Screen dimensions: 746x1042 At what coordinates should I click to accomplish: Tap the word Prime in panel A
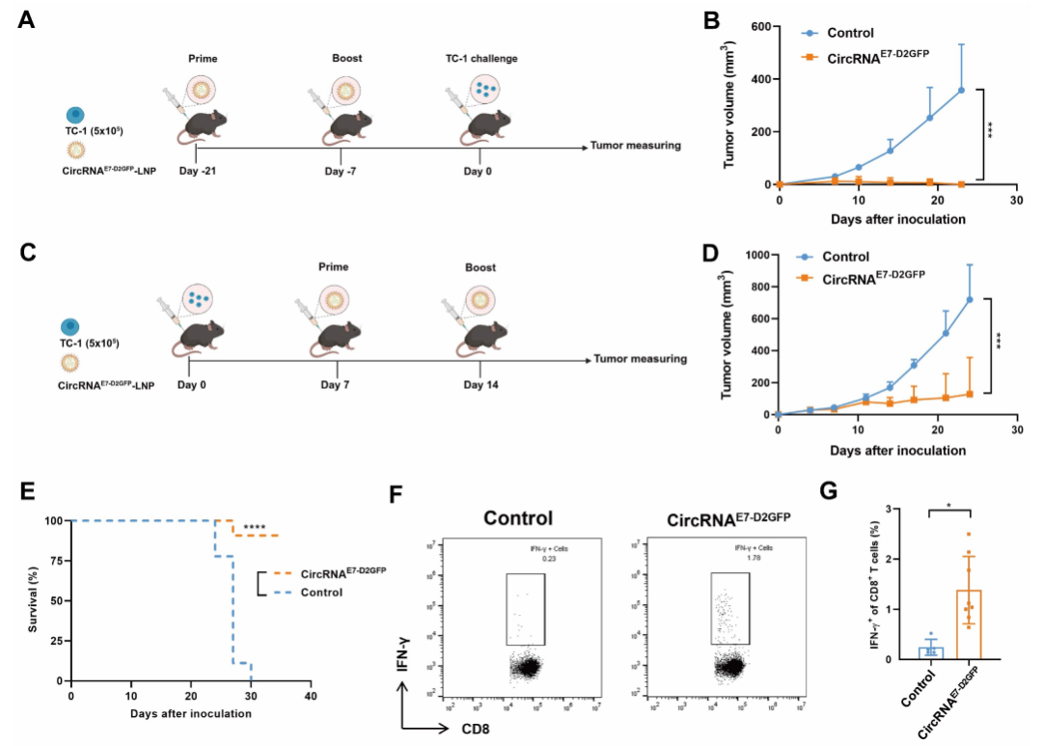tap(204, 59)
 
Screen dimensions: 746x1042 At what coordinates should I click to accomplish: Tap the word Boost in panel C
tap(480, 267)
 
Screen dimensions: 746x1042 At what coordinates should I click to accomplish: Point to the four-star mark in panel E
tap(255, 528)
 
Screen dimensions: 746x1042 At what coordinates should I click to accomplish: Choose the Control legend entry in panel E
tap(321, 592)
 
